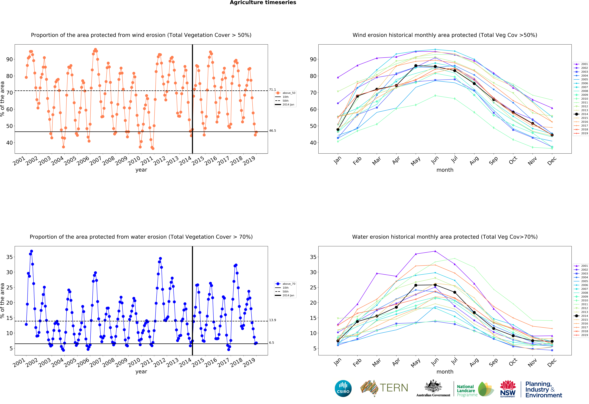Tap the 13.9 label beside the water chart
pos(272,320)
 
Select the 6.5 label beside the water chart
pos(271,343)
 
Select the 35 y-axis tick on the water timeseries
pos(9,257)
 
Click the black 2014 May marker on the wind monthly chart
pos(416,66)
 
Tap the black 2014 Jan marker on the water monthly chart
pos(338,341)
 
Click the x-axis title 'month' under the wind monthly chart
pos(445,170)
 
